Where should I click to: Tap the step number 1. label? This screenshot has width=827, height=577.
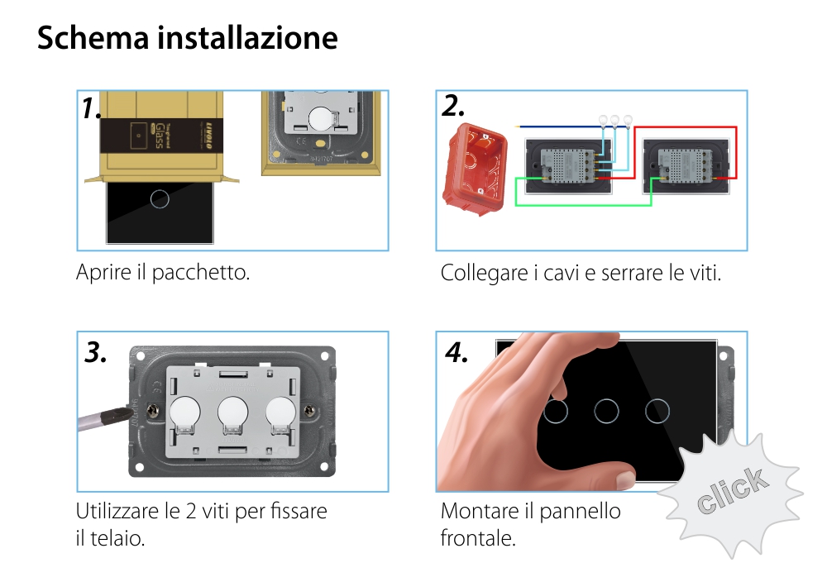[x=91, y=109]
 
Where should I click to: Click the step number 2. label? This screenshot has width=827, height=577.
[x=453, y=106]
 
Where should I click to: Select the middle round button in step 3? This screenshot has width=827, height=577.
[x=234, y=411]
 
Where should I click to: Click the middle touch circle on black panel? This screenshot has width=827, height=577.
[x=608, y=411]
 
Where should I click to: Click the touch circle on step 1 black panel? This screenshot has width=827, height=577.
[x=161, y=198]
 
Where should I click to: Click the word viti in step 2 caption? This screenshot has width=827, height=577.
[x=705, y=272]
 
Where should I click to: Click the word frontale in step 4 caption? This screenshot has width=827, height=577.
[x=478, y=538]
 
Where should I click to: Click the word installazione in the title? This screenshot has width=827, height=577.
[x=247, y=38]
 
